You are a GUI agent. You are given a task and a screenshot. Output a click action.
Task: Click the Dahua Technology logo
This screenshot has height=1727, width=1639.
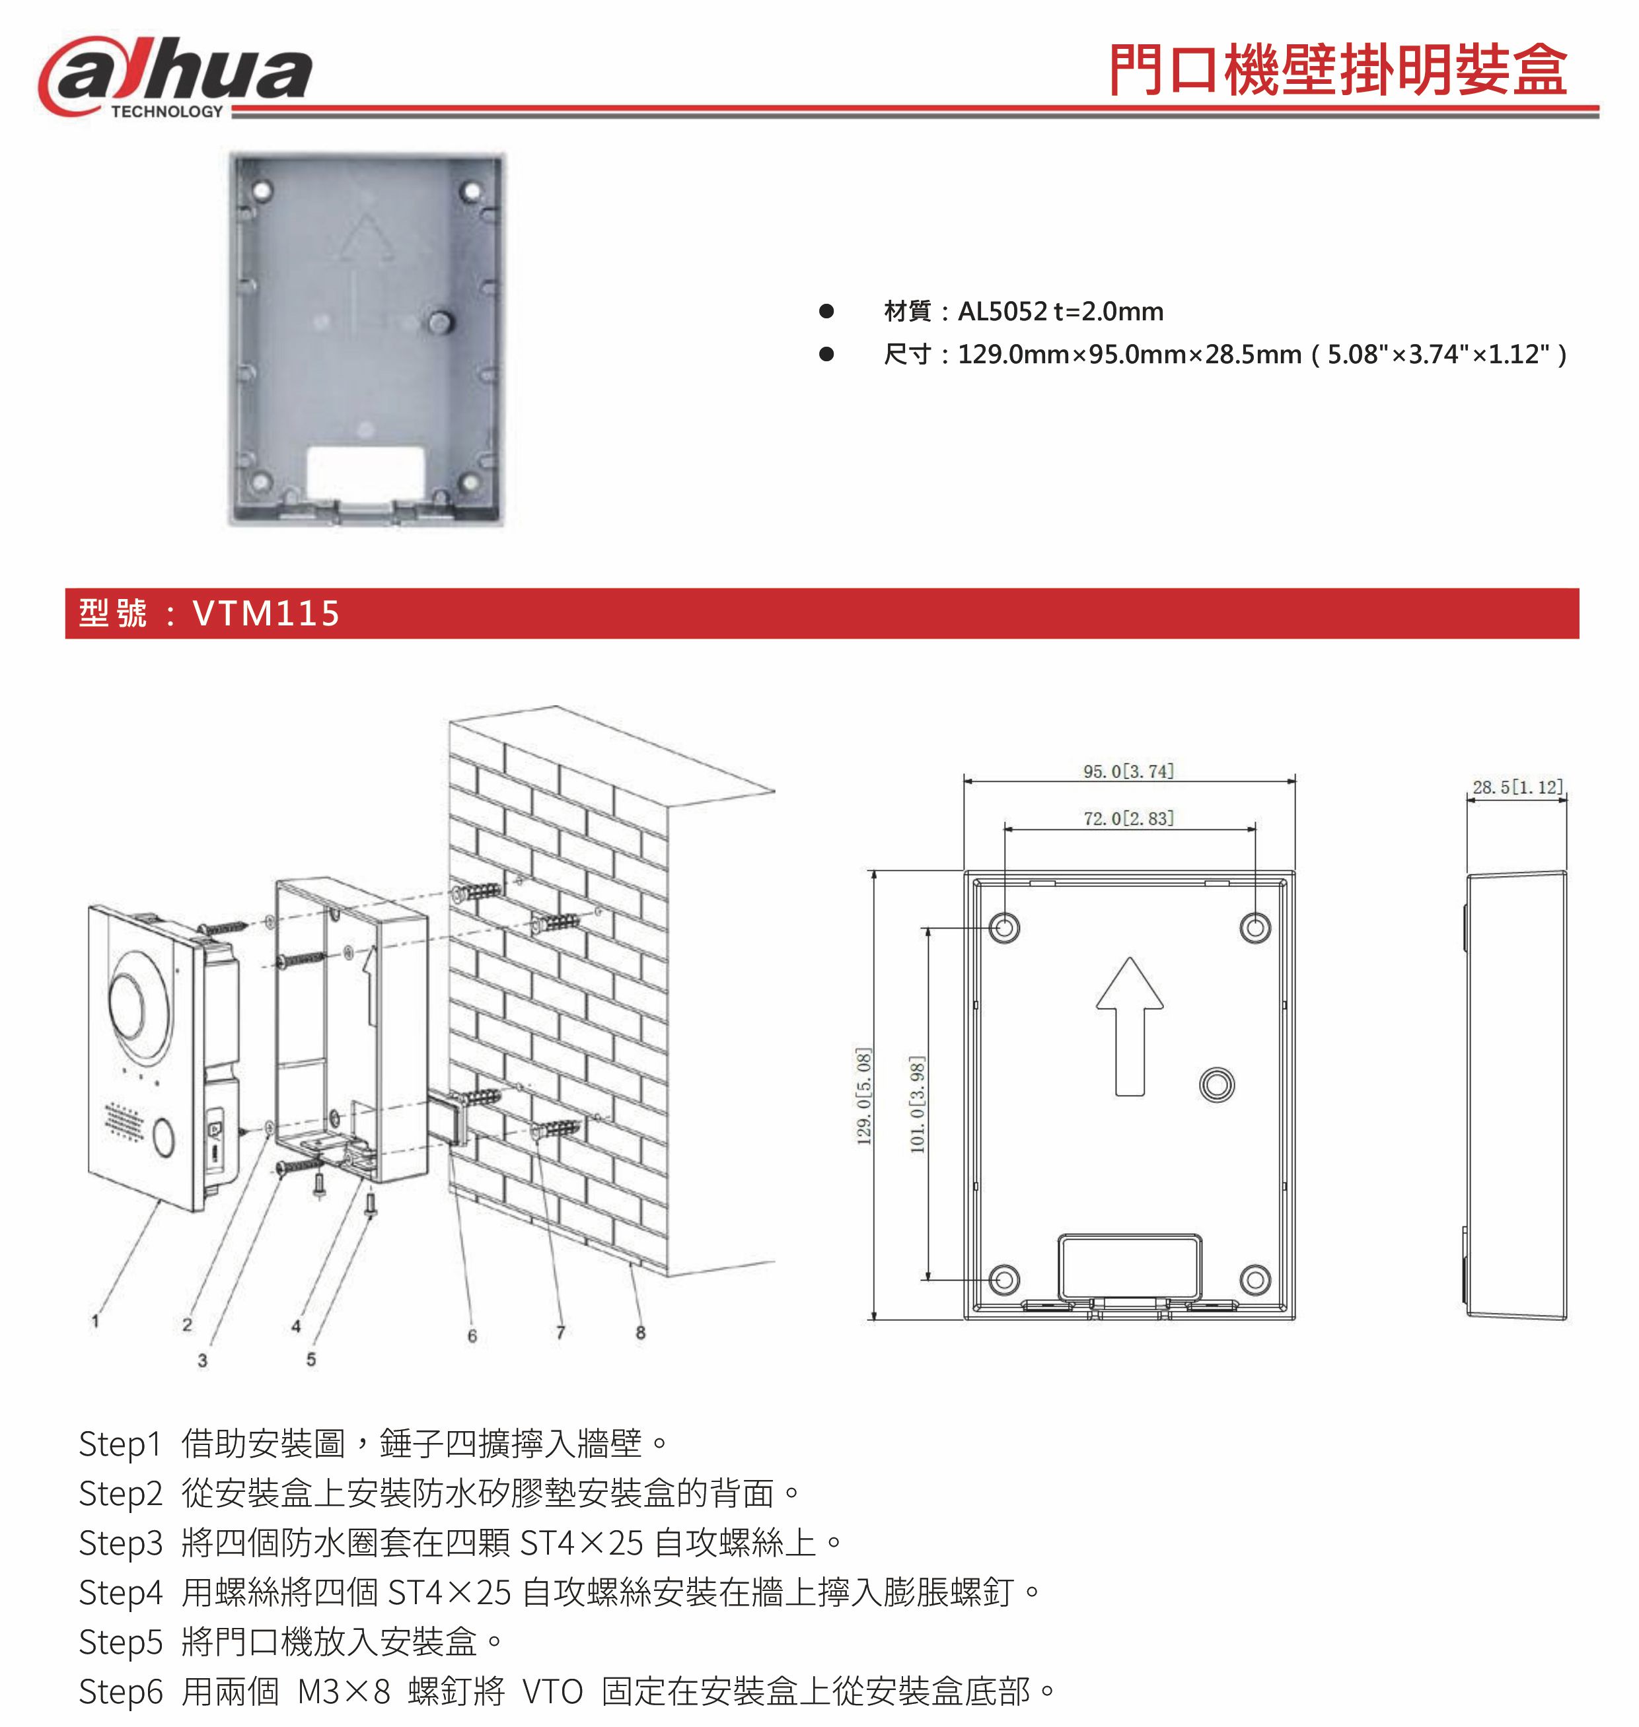174,77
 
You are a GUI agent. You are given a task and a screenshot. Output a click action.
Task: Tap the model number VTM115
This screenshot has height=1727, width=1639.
266,614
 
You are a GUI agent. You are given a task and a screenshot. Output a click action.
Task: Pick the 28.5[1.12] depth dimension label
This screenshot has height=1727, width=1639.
1517,787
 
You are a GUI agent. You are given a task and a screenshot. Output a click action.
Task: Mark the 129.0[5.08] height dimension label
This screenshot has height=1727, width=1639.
863,1096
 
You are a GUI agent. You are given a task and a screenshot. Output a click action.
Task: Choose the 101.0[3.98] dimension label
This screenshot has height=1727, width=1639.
916,1104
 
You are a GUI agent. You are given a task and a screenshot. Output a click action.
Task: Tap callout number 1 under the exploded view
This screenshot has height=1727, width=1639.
95,1322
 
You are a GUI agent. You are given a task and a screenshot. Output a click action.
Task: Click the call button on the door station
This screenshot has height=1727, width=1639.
163,1136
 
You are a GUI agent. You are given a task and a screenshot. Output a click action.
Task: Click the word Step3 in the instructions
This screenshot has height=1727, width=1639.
121,1543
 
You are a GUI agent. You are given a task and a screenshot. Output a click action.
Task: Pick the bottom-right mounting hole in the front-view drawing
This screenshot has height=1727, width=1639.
1255,1280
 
